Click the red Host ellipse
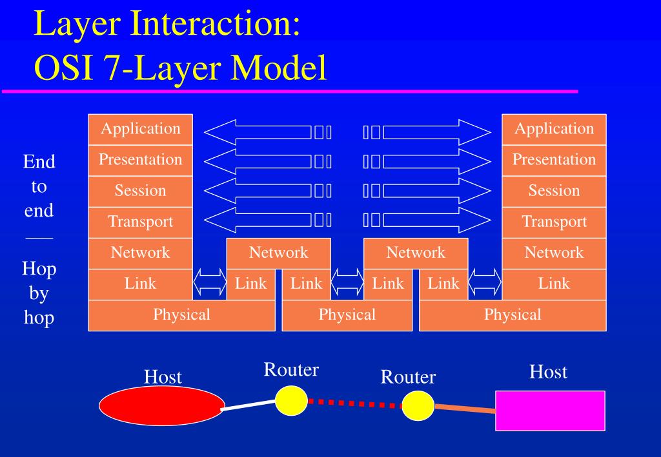162,406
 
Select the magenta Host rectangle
550,411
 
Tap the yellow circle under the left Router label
291,400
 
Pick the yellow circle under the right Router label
418,405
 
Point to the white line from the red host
249,404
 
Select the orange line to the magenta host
465,409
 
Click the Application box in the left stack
141,129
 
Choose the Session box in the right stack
554,191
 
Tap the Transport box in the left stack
141,222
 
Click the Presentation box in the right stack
554,160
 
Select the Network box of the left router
279,253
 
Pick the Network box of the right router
416,253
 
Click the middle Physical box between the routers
347,315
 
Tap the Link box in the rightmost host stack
554,284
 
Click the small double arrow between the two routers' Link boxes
347,284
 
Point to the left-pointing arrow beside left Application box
258,133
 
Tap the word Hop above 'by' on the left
39,268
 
